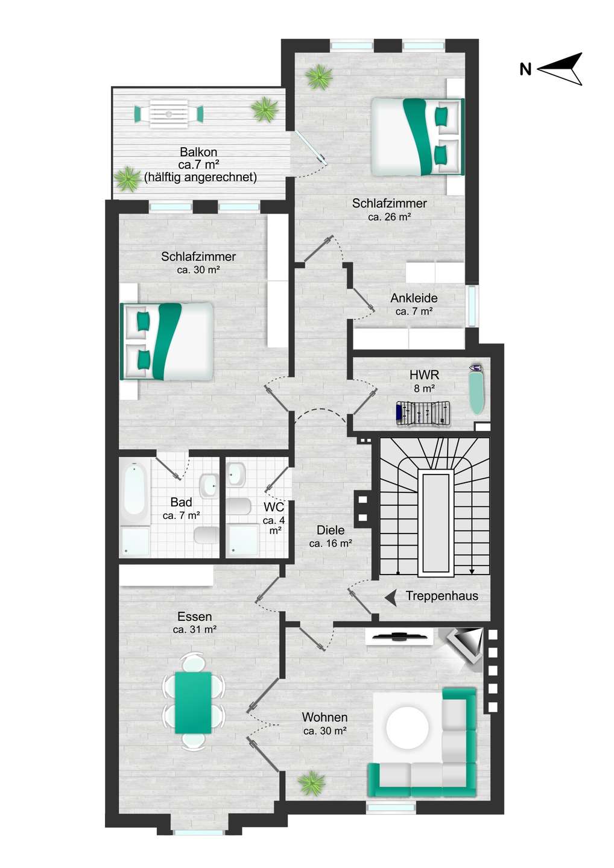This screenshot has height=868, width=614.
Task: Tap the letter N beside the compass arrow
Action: pos(525,70)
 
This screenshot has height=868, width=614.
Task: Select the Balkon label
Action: pos(198,152)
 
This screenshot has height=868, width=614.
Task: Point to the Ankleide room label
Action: pos(414,298)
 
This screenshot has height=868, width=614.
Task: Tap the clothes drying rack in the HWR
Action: pos(423,413)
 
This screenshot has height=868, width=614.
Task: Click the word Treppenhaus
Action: pos(442,596)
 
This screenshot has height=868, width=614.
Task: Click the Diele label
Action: pos(331,530)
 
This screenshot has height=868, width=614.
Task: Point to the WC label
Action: pos(274,506)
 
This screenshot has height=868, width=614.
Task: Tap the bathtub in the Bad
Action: pos(135,491)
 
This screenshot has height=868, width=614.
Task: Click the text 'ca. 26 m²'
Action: pos(389,216)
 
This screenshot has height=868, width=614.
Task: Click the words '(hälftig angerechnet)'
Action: pos(200,177)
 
